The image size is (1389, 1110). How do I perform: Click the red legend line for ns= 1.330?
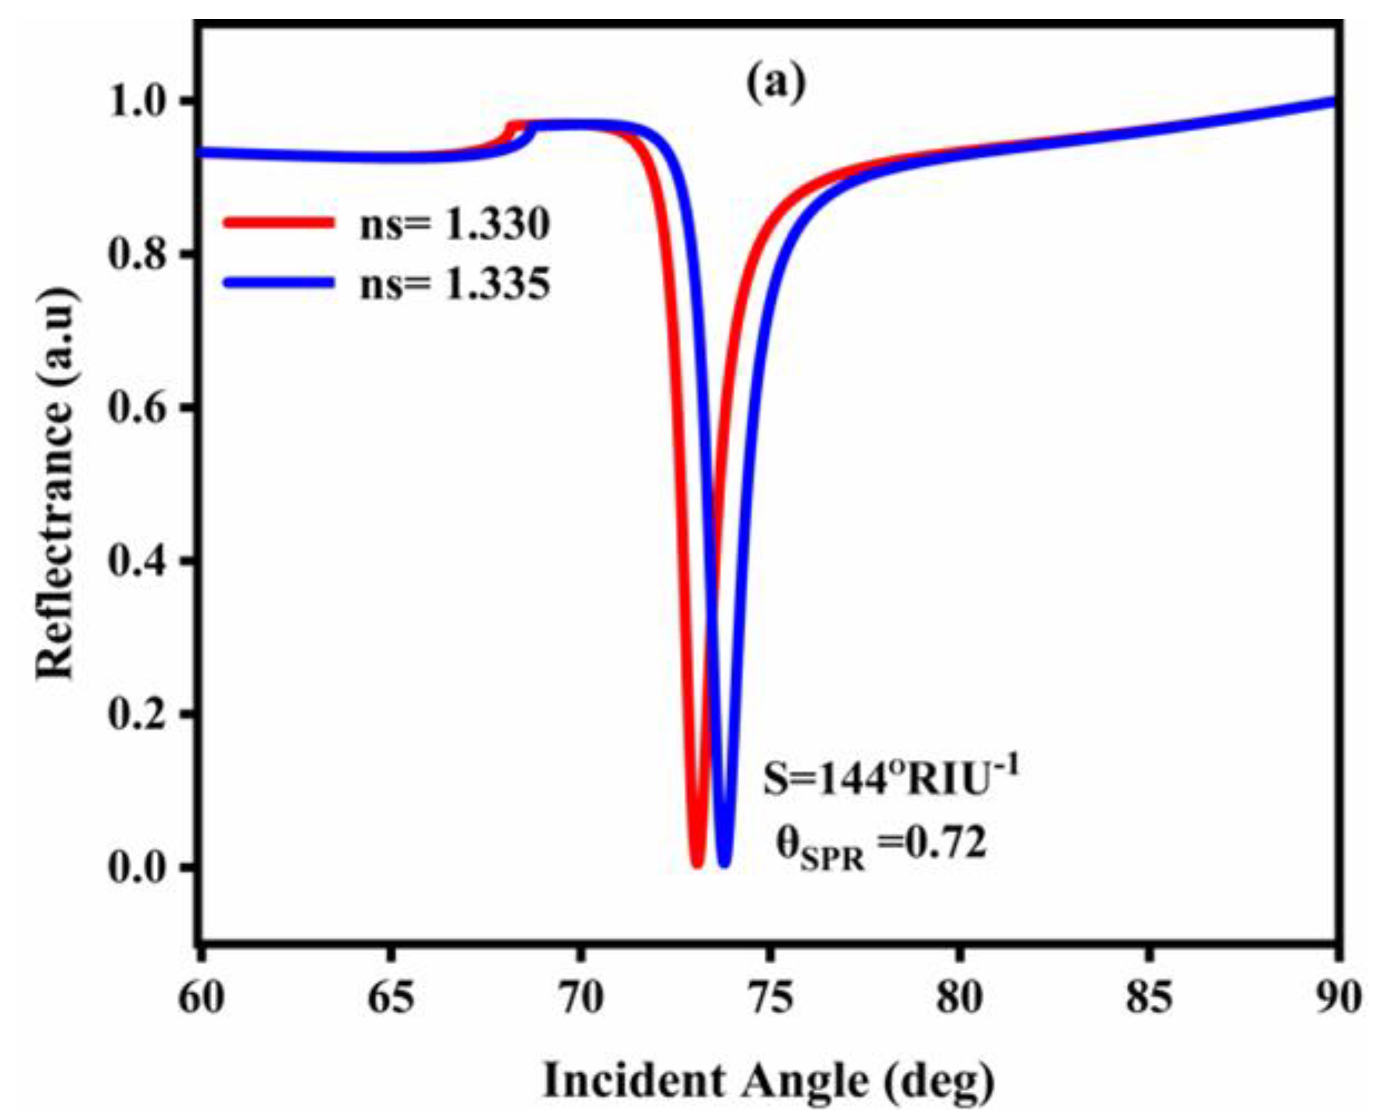[279, 223]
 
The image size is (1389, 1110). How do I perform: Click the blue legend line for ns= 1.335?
[279, 282]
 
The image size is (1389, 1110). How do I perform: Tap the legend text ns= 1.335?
[455, 284]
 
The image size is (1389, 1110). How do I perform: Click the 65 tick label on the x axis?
[391, 998]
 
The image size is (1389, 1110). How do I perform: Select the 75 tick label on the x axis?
[770, 998]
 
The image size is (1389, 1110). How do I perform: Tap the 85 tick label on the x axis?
[1149, 998]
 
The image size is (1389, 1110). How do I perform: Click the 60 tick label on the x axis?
[201, 998]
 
